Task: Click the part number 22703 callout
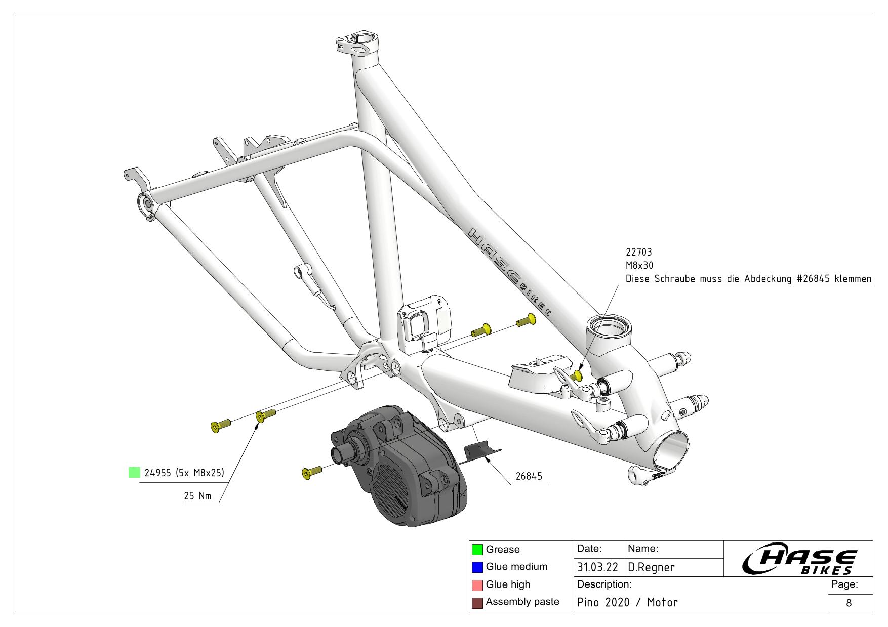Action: point(639,252)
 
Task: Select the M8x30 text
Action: point(639,265)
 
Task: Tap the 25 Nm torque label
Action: point(197,496)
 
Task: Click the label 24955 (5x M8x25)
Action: point(184,473)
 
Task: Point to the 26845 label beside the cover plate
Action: point(529,476)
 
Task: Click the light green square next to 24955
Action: point(134,473)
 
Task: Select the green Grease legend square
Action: point(477,550)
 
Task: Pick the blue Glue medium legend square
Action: point(477,567)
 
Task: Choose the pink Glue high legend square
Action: point(477,585)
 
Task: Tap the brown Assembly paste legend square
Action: point(477,603)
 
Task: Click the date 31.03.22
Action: point(597,568)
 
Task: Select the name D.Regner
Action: point(651,568)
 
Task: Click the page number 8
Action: point(849,603)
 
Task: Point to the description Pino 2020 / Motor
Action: point(627,602)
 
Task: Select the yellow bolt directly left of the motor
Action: point(311,472)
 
